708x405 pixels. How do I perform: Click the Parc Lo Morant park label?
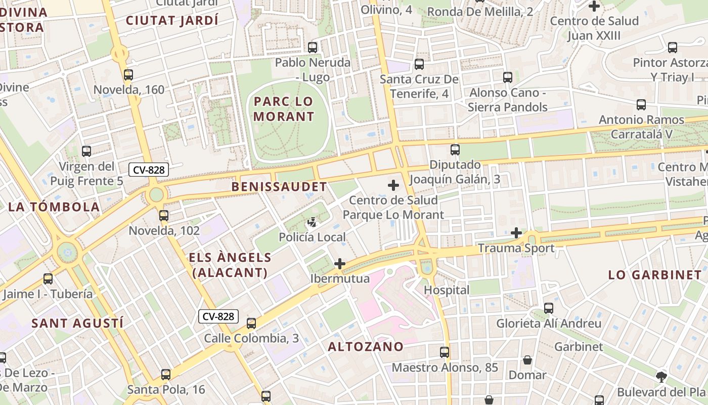pyautogui.click(x=284, y=109)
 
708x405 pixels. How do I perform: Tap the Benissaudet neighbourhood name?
pyautogui.click(x=279, y=187)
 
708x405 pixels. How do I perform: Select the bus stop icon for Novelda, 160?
pyautogui.click(x=128, y=75)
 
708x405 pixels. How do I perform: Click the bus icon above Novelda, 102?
pyautogui.click(x=164, y=216)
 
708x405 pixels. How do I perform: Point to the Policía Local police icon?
pyautogui.click(x=313, y=222)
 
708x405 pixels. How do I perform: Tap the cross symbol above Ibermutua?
pyautogui.click(x=340, y=264)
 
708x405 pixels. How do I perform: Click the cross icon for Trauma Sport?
pyautogui.click(x=516, y=233)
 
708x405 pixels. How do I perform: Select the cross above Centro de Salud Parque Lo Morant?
pyautogui.click(x=393, y=185)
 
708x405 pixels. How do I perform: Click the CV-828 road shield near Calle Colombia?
pyautogui.click(x=218, y=316)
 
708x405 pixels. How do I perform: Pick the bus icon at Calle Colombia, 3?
pyautogui.click(x=251, y=323)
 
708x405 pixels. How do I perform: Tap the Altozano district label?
pyautogui.click(x=366, y=347)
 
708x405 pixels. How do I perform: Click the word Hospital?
pyautogui.click(x=447, y=290)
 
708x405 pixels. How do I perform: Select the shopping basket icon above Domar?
pyautogui.click(x=527, y=360)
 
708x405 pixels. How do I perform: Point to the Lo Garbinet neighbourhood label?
pyautogui.click(x=655, y=275)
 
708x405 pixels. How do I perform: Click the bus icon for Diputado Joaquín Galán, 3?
pyautogui.click(x=455, y=150)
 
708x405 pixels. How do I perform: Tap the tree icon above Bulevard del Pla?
pyautogui.click(x=661, y=377)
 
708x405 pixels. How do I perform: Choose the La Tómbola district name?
pyautogui.click(x=54, y=207)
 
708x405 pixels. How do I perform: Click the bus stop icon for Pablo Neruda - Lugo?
pyautogui.click(x=313, y=48)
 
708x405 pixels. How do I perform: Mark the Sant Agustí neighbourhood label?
pyautogui.click(x=77, y=323)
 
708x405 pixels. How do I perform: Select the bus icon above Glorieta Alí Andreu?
pyautogui.click(x=549, y=308)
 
